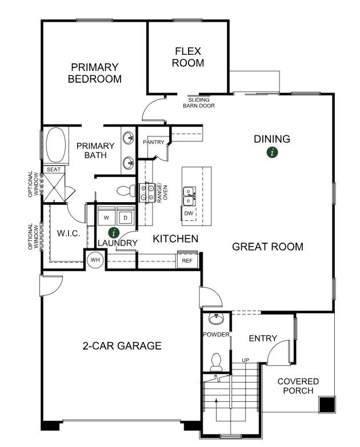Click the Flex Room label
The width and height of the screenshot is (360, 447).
pyautogui.click(x=188, y=57)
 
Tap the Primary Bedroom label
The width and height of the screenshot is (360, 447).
pyautogui.click(x=95, y=73)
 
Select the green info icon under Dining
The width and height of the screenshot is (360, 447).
pyautogui.click(x=273, y=152)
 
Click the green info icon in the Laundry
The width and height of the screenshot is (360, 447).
pyautogui.click(x=114, y=232)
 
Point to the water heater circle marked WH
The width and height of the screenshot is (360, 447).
pyautogui.click(x=95, y=260)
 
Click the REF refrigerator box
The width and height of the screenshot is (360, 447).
pyautogui.click(x=187, y=260)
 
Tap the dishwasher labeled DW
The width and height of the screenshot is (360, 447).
pyautogui.click(x=189, y=214)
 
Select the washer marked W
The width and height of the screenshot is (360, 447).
pyautogui.click(x=106, y=217)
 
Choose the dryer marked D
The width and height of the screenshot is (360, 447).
pyautogui.click(x=125, y=217)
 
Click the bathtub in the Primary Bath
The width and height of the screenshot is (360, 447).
pyautogui.click(x=56, y=145)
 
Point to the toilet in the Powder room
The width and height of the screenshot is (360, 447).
pyautogui.click(x=216, y=361)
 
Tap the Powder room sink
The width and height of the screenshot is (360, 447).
pyautogui.click(x=216, y=319)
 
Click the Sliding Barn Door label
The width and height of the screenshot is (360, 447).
pyautogui.click(x=199, y=103)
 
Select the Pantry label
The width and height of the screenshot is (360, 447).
pyautogui.click(x=154, y=142)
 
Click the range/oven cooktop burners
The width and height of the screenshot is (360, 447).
pyautogui.click(x=146, y=193)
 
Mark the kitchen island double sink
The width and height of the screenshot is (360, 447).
pyautogui.click(x=189, y=196)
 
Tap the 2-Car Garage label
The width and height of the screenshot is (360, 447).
pyautogui.click(x=122, y=345)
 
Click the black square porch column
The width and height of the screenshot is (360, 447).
pyautogui.click(x=327, y=404)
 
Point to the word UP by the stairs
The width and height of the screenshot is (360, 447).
pyautogui.click(x=245, y=360)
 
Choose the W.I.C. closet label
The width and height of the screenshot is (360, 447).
pyautogui.click(x=69, y=233)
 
